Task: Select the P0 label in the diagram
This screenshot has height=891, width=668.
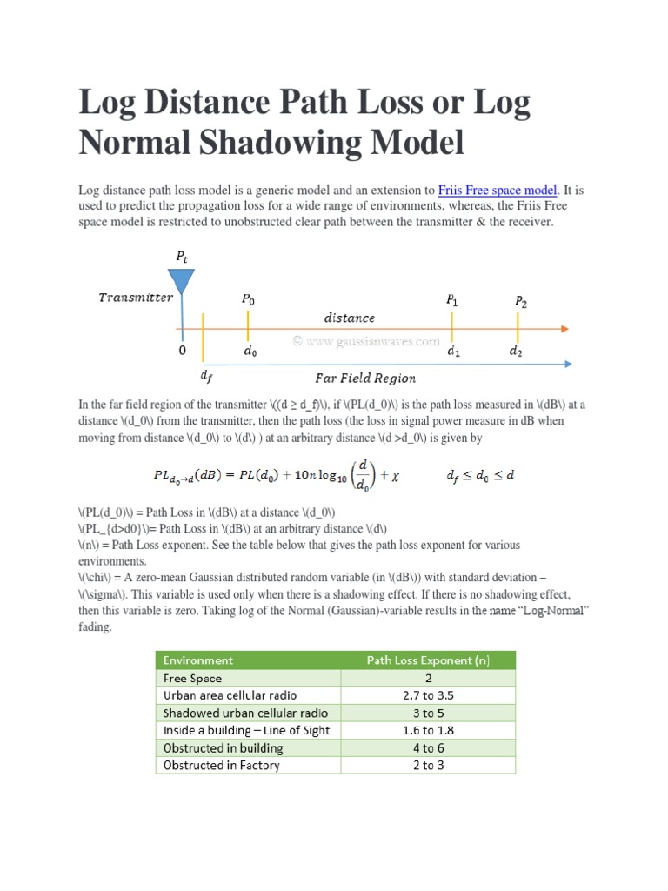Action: tap(249, 298)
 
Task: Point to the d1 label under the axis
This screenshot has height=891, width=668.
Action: tap(454, 352)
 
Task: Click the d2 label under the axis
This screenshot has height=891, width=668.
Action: tap(517, 352)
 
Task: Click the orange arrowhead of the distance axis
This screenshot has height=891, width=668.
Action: tap(565, 328)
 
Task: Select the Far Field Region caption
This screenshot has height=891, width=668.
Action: tap(364, 378)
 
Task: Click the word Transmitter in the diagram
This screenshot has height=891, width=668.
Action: tap(135, 298)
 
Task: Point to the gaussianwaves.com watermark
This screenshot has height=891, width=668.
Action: tap(366, 342)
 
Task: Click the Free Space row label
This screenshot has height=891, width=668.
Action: tap(192, 678)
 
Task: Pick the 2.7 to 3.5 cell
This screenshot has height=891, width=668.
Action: tap(428, 695)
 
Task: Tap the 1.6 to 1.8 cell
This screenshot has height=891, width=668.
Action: tap(428, 730)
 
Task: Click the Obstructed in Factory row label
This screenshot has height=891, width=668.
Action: tap(222, 765)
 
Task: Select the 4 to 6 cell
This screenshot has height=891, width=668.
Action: tap(428, 747)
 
